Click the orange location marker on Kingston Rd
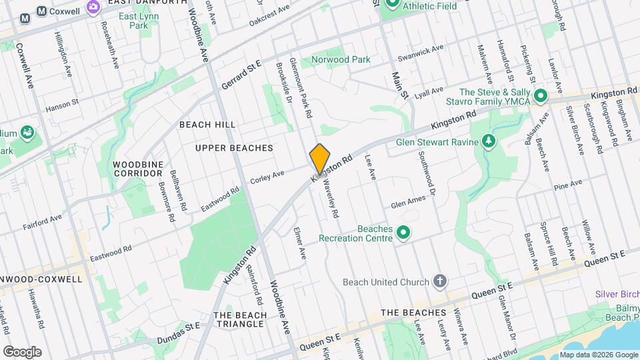coord(320,159)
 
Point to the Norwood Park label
coord(341,59)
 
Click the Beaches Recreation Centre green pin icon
coord(403,233)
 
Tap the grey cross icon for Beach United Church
coord(439,281)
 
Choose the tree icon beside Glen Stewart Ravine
coord(490,141)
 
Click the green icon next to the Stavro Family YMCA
coord(541,97)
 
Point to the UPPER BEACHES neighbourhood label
coord(234,147)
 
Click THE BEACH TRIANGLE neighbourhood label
coord(239,319)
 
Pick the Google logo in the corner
coord(22,351)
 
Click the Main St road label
coord(399,85)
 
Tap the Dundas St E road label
coord(179,333)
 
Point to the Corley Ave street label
coord(267,177)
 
